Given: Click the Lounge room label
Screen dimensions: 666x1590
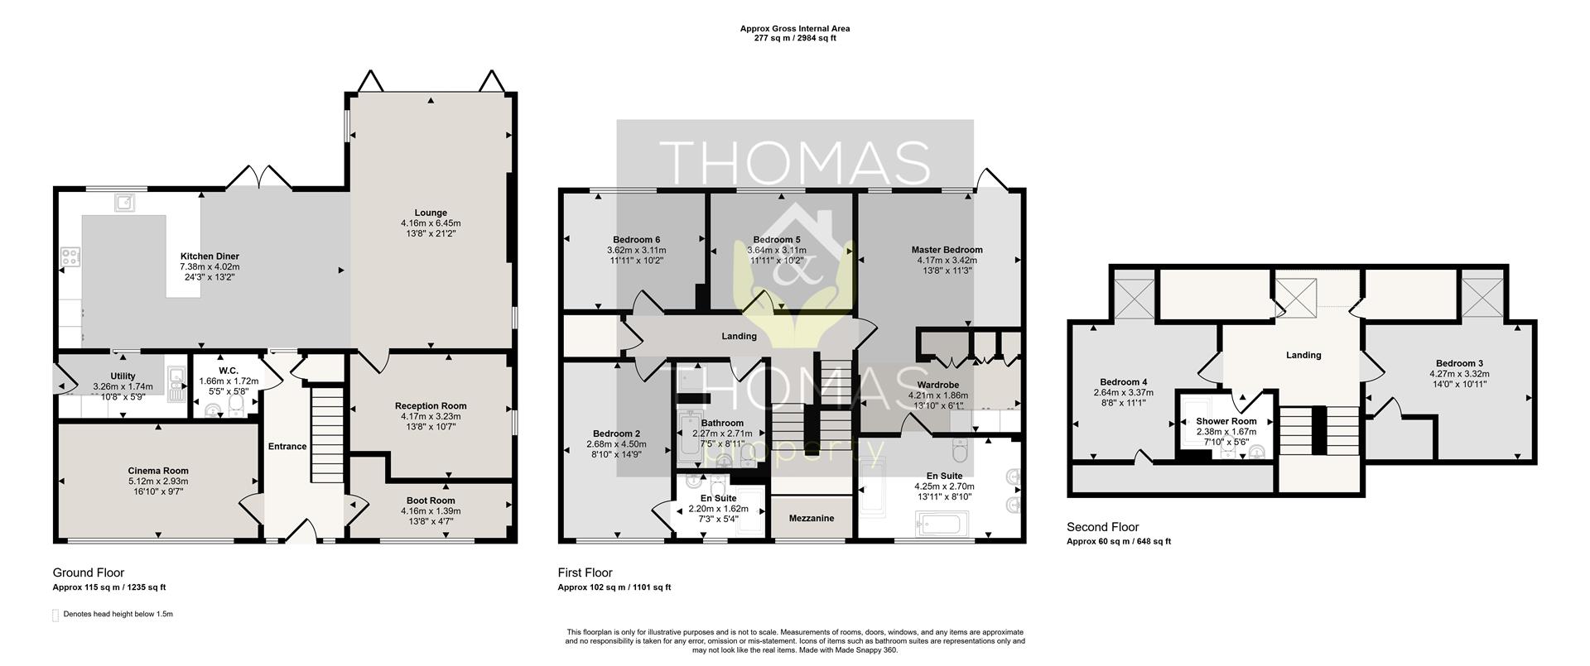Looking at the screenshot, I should coord(431,213).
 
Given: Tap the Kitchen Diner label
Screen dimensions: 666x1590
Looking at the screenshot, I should coord(210,256).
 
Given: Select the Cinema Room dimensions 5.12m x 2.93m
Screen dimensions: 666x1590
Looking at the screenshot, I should coord(158,482).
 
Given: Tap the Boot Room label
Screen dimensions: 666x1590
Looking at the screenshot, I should coord(431,501).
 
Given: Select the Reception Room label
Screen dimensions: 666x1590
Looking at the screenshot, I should coord(431,406).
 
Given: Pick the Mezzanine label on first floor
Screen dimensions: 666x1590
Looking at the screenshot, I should coord(812,519).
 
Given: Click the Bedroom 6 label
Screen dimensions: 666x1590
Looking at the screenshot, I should coord(636,240).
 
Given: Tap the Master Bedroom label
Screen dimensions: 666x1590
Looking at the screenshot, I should coord(947,250).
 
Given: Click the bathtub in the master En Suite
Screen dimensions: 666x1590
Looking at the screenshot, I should coord(939,525).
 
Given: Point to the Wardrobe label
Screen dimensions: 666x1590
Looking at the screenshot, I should coord(937,386).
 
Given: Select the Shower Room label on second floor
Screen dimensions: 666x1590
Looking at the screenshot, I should coord(1226,421).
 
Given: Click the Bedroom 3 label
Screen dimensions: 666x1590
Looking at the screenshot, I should coord(1459,363).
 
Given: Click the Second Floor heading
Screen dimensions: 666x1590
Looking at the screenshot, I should coord(1102,527).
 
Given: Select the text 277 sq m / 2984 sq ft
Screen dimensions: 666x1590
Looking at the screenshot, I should coord(794,38).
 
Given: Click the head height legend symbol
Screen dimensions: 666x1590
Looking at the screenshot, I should coord(56,615).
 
